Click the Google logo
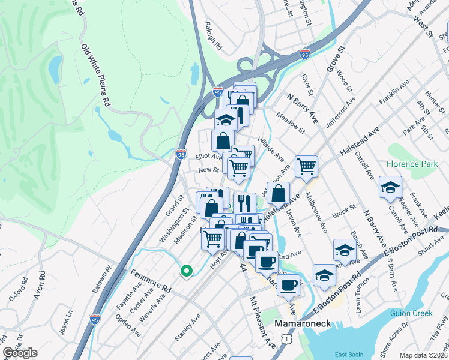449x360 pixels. (x=20, y=353)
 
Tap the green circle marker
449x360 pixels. (x=187, y=272)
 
